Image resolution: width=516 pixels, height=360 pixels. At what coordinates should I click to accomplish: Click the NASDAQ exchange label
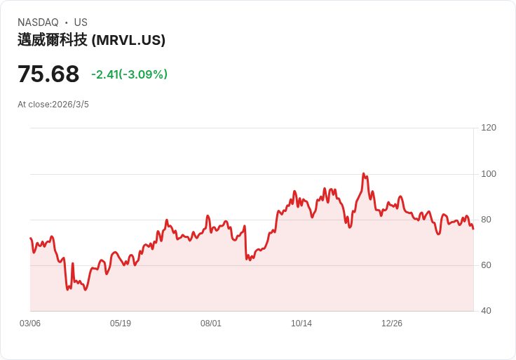click(x=38, y=22)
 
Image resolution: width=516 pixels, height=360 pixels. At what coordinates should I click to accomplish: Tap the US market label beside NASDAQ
click(x=81, y=22)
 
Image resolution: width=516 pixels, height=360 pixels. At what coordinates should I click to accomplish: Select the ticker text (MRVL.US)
click(x=128, y=40)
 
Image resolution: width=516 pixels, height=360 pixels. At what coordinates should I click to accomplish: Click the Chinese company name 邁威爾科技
click(x=53, y=40)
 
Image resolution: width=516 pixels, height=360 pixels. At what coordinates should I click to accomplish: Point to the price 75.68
click(x=48, y=74)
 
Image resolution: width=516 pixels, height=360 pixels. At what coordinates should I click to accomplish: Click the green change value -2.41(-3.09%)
click(x=129, y=74)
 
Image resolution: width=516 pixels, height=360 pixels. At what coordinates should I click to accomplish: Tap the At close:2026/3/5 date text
click(x=53, y=105)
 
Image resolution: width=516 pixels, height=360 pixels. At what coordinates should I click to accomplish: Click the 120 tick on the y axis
click(x=489, y=128)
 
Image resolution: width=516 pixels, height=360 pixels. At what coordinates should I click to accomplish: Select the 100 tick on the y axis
click(x=489, y=174)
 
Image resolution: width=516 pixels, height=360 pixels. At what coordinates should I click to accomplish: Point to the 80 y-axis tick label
click(x=487, y=220)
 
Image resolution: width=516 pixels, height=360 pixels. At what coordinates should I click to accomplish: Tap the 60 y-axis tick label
click(x=487, y=265)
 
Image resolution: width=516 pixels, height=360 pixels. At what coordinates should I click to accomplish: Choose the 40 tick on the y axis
click(x=487, y=311)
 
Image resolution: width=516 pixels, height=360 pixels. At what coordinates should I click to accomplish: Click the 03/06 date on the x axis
click(x=30, y=324)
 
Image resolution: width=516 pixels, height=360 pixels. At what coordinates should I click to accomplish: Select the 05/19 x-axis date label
click(x=121, y=324)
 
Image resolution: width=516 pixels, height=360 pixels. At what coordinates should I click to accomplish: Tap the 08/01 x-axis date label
click(x=211, y=324)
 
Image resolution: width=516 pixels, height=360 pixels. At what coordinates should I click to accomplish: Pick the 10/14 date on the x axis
click(x=301, y=324)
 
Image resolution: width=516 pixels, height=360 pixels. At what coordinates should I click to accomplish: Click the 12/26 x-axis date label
click(x=392, y=324)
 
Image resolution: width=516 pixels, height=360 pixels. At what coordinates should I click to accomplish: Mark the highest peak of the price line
click(x=363, y=173)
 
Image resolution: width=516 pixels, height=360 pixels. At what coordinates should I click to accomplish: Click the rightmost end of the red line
click(x=473, y=229)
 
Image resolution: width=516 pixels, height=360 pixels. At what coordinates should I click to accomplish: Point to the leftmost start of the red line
click(x=30, y=239)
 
